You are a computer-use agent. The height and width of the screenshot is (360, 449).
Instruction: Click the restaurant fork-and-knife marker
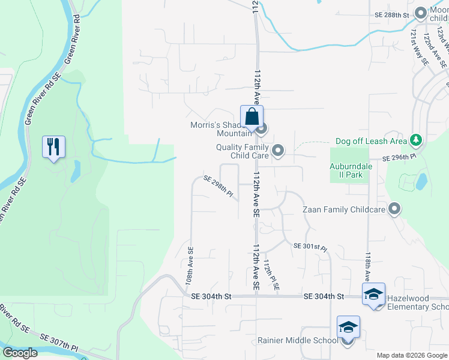[x=53, y=146]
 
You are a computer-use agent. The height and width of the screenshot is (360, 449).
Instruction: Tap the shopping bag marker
[x=252, y=116]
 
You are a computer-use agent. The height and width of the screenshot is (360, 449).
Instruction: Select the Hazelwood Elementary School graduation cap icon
[x=373, y=294]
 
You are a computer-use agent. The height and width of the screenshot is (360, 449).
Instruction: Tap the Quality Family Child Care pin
[x=277, y=151]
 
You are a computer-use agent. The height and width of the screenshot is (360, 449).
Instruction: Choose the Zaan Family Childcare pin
[x=394, y=209]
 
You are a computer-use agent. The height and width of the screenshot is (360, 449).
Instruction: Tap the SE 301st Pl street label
[x=310, y=247]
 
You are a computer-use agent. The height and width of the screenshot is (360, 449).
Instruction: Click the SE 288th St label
[x=391, y=14]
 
